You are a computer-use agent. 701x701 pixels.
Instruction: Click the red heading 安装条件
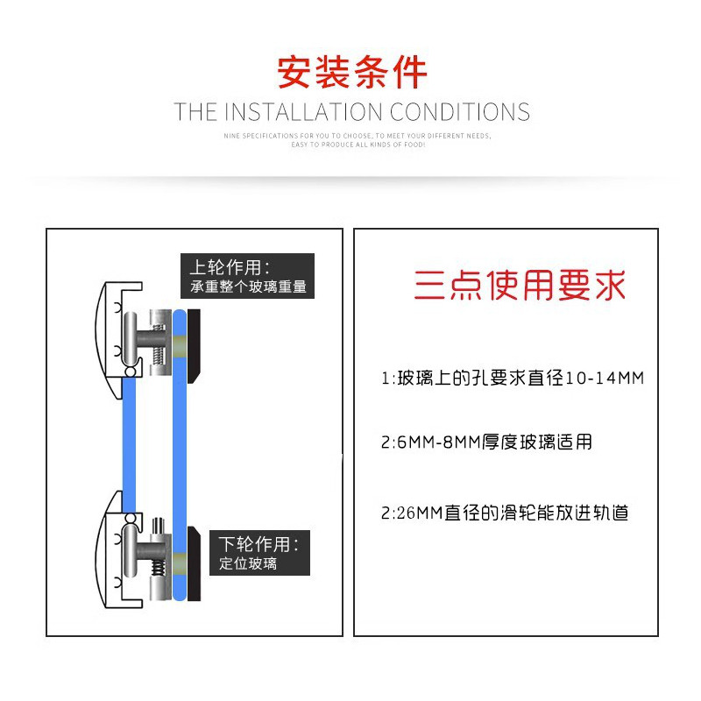(x=351, y=73)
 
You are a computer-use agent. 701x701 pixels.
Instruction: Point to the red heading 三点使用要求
(x=520, y=287)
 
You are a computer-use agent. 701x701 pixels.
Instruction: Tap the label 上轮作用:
(x=230, y=267)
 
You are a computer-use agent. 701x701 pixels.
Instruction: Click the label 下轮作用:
(x=259, y=544)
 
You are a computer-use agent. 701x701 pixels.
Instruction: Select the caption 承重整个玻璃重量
(x=249, y=287)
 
